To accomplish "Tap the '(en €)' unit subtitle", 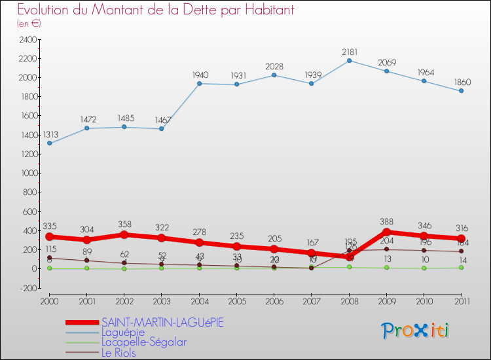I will [29, 24].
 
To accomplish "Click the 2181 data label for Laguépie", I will [349, 51].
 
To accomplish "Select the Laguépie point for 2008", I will [349, 60].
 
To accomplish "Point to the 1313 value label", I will [50, 134].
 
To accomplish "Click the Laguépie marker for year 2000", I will [50, 143].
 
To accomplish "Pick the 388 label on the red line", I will [386, 221].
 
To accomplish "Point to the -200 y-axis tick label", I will [27, 288].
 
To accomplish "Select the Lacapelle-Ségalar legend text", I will [143, 342].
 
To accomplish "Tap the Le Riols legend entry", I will [118, 353].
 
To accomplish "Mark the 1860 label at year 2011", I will [461, 82].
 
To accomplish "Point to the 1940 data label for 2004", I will [199, 75].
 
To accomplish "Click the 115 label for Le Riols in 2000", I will [50, 249].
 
